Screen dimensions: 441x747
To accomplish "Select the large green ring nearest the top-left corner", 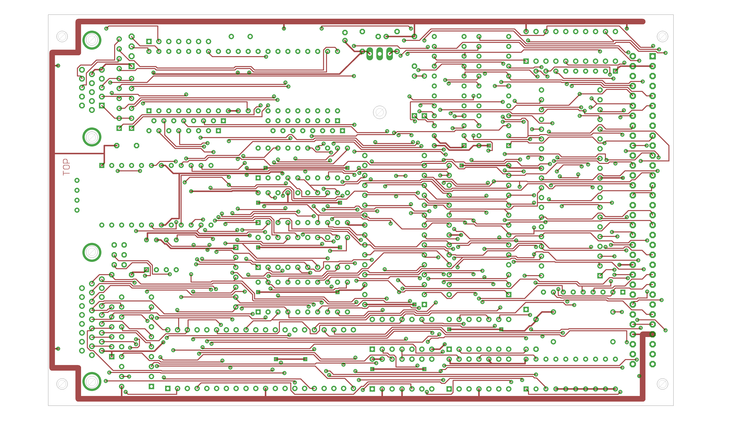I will [x=92, y=40].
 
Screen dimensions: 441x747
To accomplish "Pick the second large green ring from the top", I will [x=92, y=137].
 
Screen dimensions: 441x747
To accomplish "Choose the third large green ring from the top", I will [x=92, y=252].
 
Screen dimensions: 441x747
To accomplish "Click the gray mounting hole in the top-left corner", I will [x=62, y=37].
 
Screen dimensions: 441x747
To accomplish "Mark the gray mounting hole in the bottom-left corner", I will [x=62, y=384].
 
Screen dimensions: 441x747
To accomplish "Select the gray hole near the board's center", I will [x=379, y=112].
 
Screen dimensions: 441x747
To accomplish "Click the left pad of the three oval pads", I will [x=370, y=54].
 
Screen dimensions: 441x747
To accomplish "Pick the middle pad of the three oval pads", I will [x=379, y=54].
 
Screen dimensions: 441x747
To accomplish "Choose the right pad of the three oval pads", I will [x=389, y=54].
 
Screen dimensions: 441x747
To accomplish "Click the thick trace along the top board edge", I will [x=356, y=21].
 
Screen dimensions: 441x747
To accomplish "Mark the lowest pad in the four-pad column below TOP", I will [x=77, y=210].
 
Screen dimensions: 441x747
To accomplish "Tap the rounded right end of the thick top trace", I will [x=642, y=21].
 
